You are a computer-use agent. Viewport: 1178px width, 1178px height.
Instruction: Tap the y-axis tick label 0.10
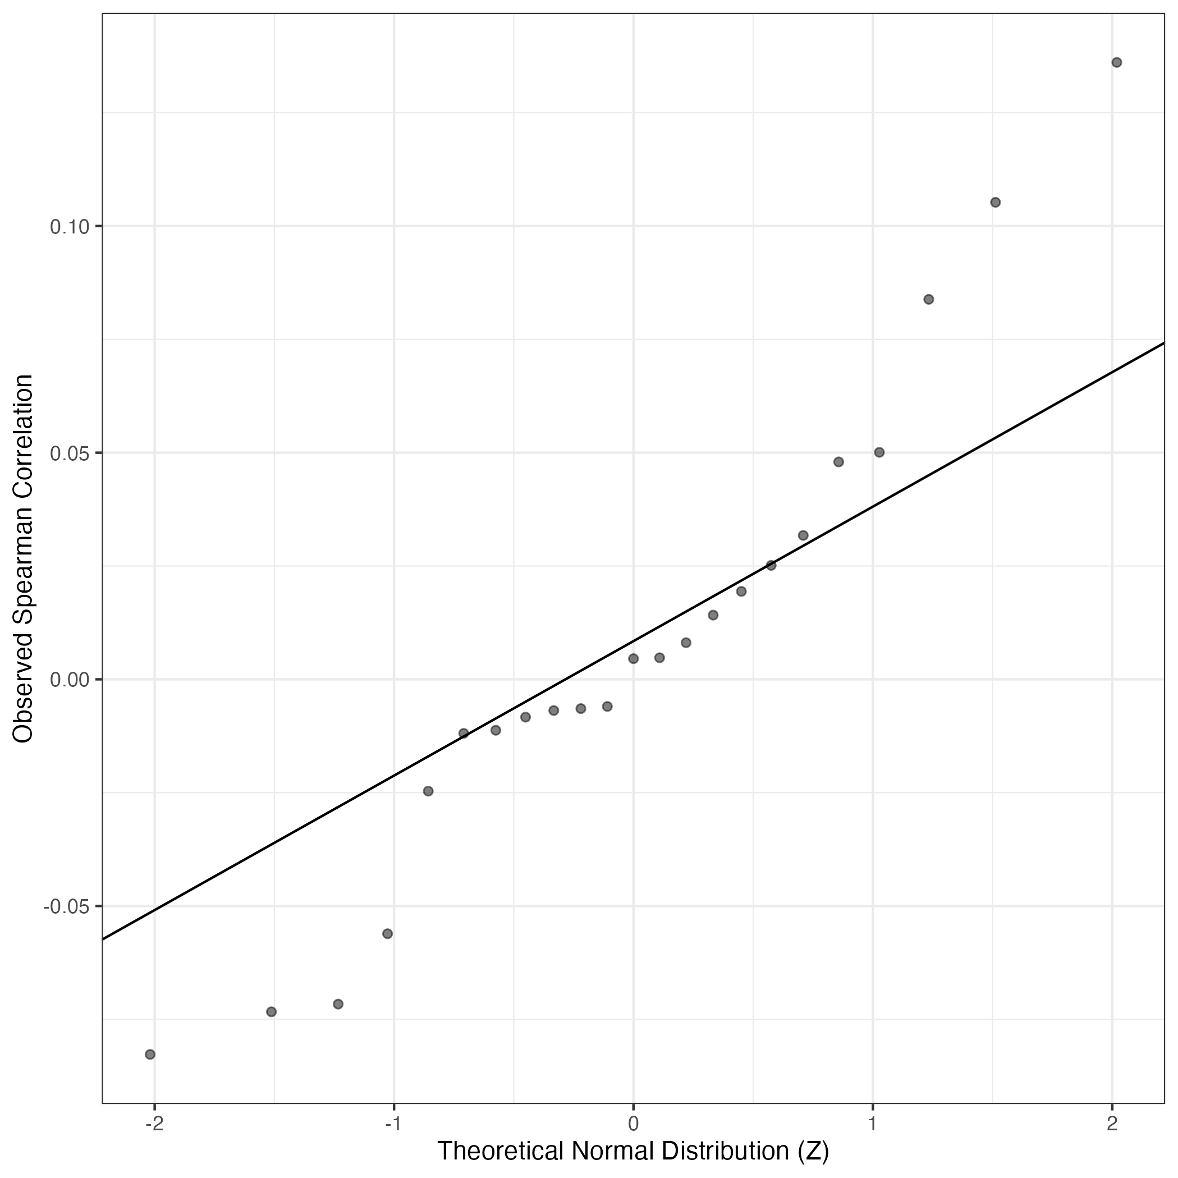(x=69, y=227)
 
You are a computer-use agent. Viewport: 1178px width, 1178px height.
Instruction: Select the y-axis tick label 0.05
(x=69, y=453)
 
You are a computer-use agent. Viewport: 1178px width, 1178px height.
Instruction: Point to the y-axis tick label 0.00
(x=69, y=679)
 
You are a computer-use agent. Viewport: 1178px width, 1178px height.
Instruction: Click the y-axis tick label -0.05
(x=66, y=906)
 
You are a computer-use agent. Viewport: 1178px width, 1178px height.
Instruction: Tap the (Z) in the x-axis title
(x=813, y=1151)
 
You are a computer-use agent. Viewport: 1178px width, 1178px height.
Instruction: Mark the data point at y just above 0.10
(x=995, y=203)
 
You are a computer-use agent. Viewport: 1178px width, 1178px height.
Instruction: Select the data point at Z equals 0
(x=633, y=658)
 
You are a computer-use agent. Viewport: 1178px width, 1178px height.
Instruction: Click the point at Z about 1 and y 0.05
(x=879, y=452)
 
